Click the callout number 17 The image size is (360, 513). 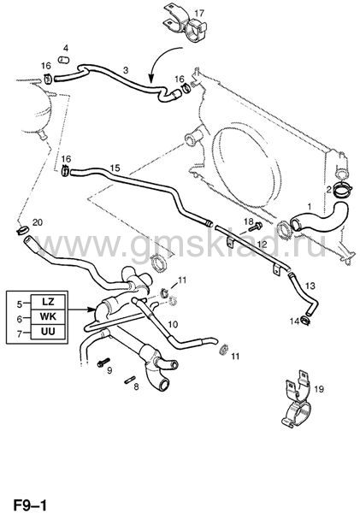tap(199, 14)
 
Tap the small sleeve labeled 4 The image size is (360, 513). tap(64, 60)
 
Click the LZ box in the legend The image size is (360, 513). tap(48, 302)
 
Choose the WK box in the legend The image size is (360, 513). tap(48, 316)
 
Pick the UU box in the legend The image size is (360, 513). tap(48, 332)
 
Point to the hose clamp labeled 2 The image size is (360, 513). tap(342, 190)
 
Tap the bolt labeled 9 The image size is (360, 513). tap(103, 363)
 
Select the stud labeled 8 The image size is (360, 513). tap(128, 380)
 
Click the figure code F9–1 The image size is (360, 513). tap(29, 505)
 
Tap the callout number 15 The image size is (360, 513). tap(115, 168)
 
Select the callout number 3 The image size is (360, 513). tap(126, 70)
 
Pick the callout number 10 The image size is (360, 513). tap(173, 325)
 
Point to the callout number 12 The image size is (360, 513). tap(262, 244)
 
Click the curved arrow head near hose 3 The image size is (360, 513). tap(150, 79)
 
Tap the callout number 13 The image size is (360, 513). tap(310, 286)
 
